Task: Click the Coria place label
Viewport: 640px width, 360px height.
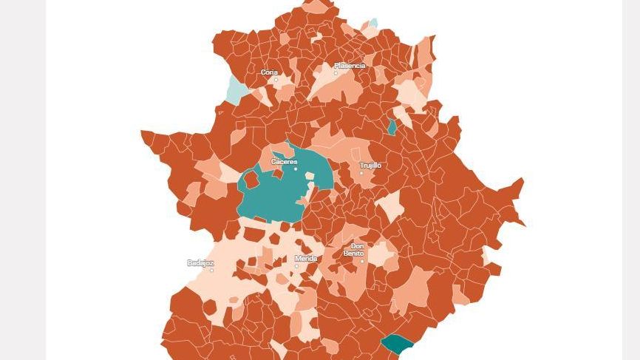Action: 269,72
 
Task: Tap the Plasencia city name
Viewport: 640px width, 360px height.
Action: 350,66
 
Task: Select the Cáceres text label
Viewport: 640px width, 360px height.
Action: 284,161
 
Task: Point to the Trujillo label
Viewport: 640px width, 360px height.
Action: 370,166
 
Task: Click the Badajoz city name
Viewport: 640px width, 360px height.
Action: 200,262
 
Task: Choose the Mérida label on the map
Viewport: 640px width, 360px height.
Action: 306,259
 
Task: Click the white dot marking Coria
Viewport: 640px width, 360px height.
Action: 276,80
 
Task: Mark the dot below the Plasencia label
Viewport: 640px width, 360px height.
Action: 336,72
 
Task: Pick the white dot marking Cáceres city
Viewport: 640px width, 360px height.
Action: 296,169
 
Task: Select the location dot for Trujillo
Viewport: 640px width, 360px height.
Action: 361,173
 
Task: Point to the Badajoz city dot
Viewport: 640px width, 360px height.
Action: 212,270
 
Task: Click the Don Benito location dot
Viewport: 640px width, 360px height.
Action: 362,261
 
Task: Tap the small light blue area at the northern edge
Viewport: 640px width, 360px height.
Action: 373,24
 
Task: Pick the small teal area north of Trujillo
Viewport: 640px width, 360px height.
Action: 392,127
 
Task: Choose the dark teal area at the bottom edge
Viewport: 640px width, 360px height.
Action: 397,344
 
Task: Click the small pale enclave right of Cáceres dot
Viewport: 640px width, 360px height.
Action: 310,177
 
